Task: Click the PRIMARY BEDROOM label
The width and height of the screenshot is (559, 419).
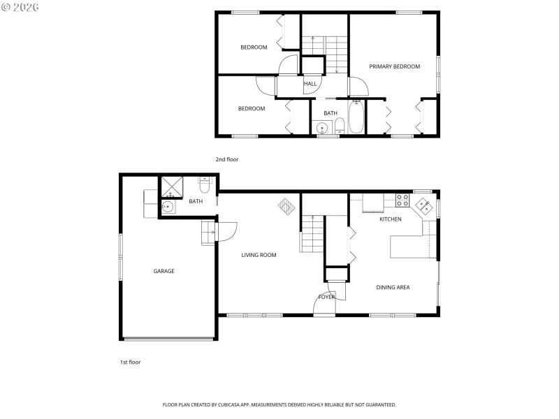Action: (x=394, y=66)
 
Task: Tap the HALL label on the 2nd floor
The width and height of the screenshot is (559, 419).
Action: (x=310, y=84)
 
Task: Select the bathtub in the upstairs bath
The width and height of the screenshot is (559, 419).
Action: (x=356, y=117)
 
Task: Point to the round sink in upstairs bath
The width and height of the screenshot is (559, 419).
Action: (x=322, y=128)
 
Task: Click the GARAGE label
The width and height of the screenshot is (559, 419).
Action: (x=164, y=271)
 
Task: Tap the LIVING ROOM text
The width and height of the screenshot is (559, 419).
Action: (x=259, y=255)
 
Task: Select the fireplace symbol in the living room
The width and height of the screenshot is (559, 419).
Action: (x=286, y=207)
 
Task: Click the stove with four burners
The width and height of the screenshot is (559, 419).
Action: (x=402, y=200)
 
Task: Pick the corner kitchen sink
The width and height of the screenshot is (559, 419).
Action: (x=423, y=205)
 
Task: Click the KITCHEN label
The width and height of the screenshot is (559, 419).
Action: (x=390, y=219)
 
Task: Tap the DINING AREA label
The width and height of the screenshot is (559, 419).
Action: (x=393, y=287)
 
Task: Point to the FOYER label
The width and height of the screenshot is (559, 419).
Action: (x=326, y=297)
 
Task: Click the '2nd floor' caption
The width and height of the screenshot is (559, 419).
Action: (x=227, y=159)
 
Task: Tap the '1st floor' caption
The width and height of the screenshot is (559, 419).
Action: (x=130, y=362)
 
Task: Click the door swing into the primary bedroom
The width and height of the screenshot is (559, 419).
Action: (x=358, y=87)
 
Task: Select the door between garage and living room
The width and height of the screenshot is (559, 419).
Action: (x=227, y=230)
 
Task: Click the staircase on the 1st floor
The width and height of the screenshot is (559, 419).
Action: (x=312, y=233)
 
